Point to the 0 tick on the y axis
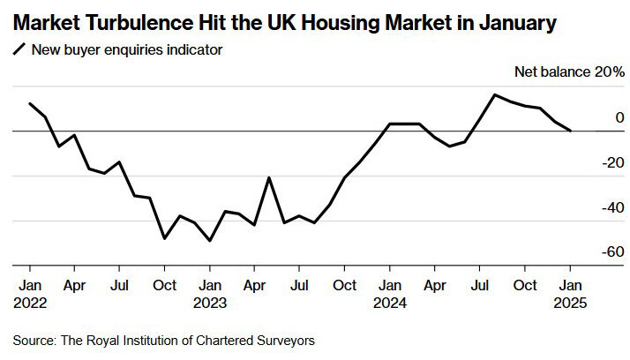click(x=595, y=118)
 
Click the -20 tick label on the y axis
click(x=589, y=162)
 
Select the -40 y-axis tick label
click(x=589, y=207)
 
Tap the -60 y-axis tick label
click(x=589, y=252)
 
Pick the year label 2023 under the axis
click(x=210, y=303)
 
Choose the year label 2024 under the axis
click(x=390, y=303)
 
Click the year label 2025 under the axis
click(x=570, y=303)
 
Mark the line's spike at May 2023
click(x=269, y=177)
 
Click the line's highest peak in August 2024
click(x=494, y=94)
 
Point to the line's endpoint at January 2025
click(x=570, y=131)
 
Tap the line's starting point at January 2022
click(x=30, y=103)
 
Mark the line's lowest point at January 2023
click(x=210, y=240)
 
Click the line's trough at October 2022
click(x=164, y=238)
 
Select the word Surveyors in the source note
click(x=286, y=339)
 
